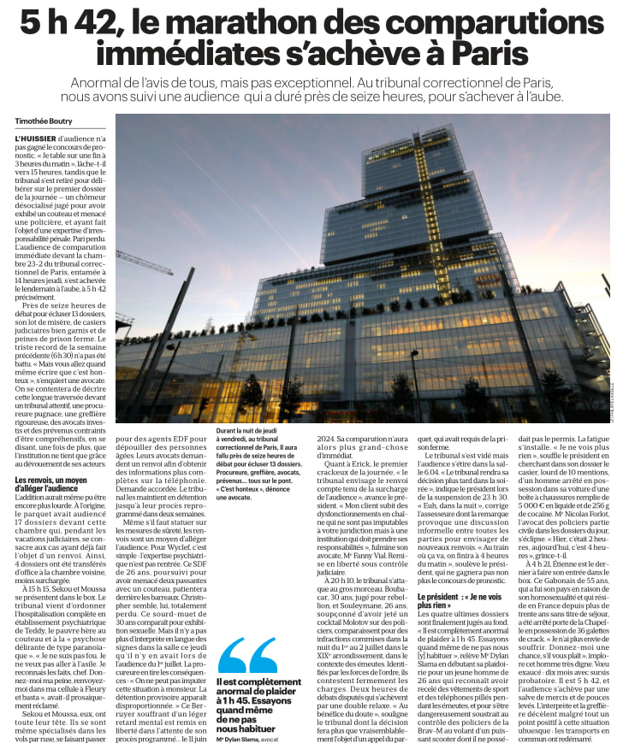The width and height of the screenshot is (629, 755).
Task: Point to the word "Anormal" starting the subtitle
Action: click(x=104, y=83)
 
